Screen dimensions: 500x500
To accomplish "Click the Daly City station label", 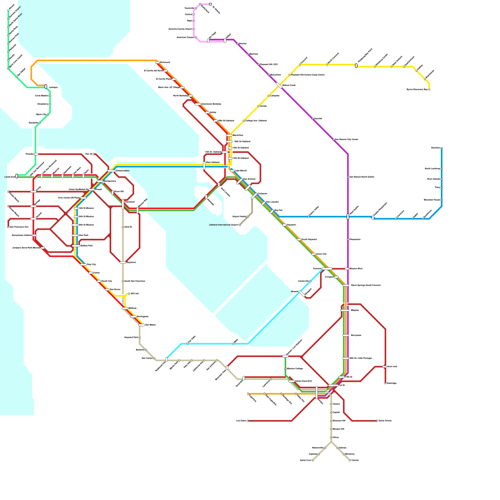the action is click(91, 264).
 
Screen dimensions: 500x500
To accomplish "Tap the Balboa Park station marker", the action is click(76, 246).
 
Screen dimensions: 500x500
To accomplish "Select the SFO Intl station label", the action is click(134, 294).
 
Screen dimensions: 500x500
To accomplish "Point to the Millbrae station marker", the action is click(125, 308).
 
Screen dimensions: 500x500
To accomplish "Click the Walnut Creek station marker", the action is click(279, 85).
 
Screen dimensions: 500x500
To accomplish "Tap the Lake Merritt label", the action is click(241, 171).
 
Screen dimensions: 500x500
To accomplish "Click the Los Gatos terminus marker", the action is click(248, 421).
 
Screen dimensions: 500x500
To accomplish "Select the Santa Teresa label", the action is click(385, 421).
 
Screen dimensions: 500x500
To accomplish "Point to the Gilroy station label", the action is click(336, 437).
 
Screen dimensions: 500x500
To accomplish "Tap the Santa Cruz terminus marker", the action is click(312, 460).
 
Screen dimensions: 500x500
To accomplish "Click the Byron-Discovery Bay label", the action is click(417, 89).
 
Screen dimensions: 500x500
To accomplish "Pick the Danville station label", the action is click(318, 119).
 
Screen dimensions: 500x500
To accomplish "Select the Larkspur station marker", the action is click(46, 86).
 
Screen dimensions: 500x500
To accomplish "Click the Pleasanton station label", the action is click(355, 239).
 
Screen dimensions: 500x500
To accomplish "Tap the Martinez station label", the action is click(253, 54).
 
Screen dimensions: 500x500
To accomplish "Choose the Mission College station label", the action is click(295, 368).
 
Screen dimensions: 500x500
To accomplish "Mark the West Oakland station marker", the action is click(204, 166).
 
